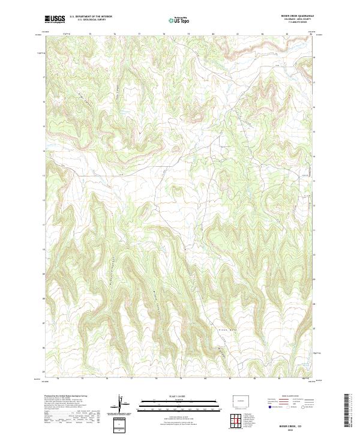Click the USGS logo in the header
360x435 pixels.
(55, 20)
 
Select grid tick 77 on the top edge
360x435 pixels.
(139, 35)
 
